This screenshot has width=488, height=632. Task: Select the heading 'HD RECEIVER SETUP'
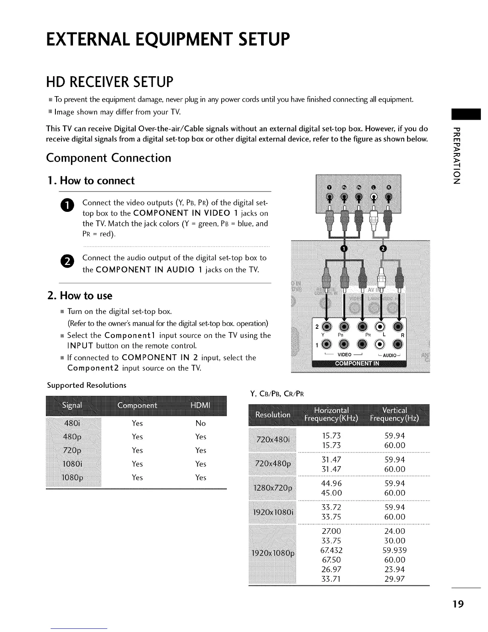click(110, 82)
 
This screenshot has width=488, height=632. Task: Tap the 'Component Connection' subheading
click(108, 158)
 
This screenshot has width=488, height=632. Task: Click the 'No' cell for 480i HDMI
click(201, 423)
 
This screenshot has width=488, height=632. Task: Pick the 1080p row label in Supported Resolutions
click(72, 478)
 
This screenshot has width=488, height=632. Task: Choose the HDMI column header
click(200, 405)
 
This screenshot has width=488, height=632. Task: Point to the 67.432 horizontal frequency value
click(331, 550)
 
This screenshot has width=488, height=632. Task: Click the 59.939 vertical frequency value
click(394, 550)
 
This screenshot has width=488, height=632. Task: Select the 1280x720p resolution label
click(273, 488)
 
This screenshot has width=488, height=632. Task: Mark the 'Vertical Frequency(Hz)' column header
click(394, 415)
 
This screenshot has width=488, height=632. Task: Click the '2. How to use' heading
click(80, 296)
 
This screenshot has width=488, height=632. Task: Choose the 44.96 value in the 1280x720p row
click(331, 483)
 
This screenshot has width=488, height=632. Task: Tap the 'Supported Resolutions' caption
click(87, 385)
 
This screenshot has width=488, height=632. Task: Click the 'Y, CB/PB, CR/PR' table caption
click(277, 395)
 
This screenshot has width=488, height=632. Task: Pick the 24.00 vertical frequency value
click(394, 531)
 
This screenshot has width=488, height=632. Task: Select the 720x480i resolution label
click(273, 440)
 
